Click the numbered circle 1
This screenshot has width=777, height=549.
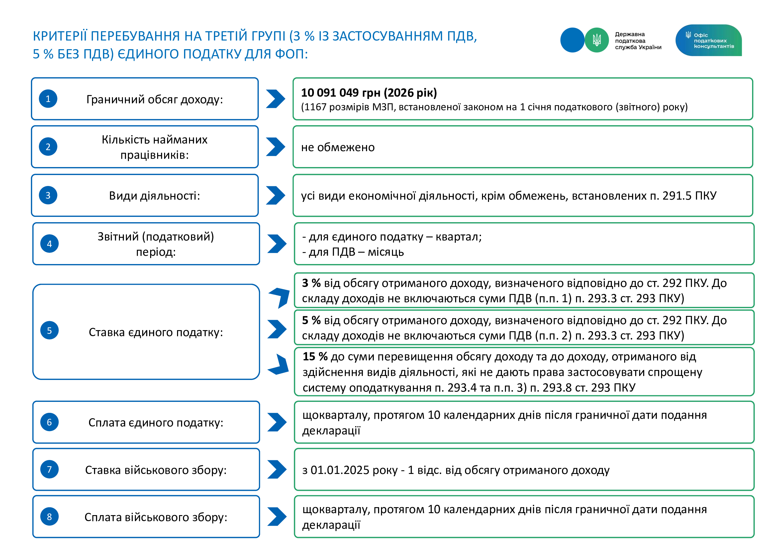pyautogui.click(x=48, y=99)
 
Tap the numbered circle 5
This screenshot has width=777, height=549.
pyautogui.click(x=49, y=330)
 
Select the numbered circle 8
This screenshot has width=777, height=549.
pyautogui.click(x=49, y=516)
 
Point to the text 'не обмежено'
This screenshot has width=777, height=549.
pyautogui.click(x=338, y=147)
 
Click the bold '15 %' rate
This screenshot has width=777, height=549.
pyautogui.click(x=315, y=356)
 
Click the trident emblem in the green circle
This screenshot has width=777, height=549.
pyautogui.click(x=597, y=40)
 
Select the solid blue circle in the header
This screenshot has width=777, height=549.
pyautogui.click(x=572, y=40)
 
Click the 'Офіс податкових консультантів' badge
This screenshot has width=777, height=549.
pyautogui.click(x=708, y=40)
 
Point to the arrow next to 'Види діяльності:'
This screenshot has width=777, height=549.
pyautogui.click(x=275, y=195)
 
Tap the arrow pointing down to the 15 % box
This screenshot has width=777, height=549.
pyautogui.click(x=279, y=365)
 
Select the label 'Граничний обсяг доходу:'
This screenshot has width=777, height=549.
pyautogui.click(x=155, y=99)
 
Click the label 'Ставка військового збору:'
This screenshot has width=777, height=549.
pyautogui.click(x=156, y=470)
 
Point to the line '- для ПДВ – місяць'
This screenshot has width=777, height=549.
pyautogui.click(x=353, y=252)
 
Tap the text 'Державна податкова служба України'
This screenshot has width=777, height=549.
pyautogui.click(x=638, y=41)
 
